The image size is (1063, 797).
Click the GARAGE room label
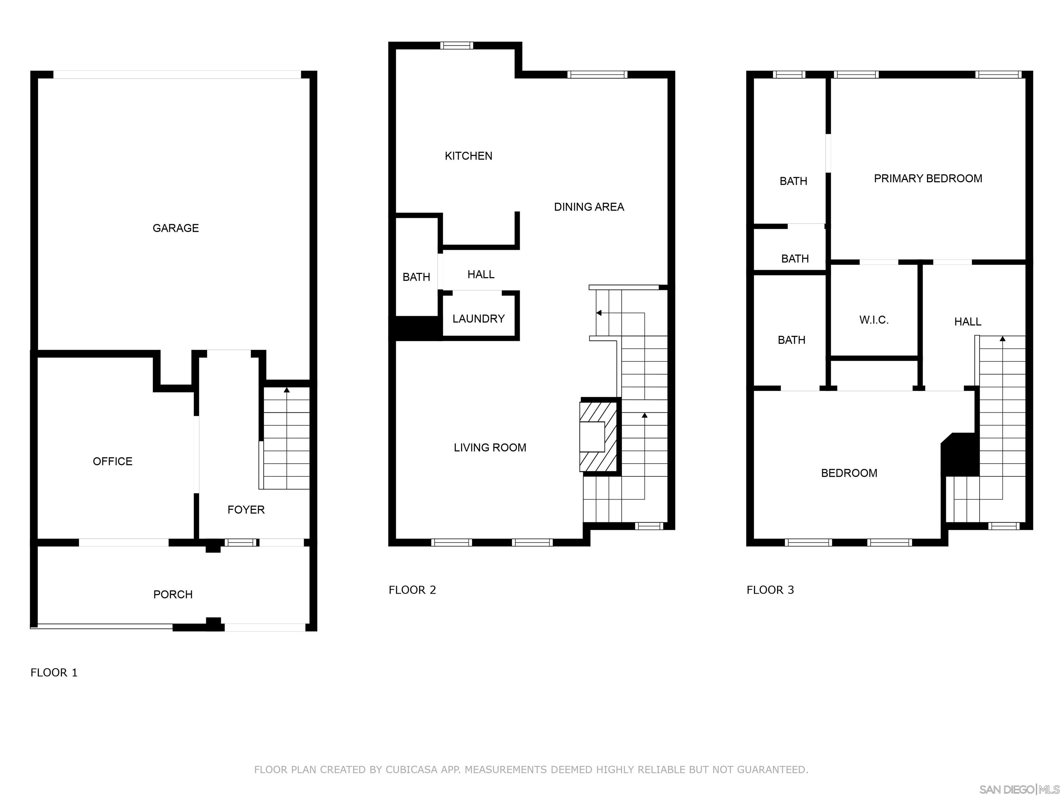[x=175, y=228]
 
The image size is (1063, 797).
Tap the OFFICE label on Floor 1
[x=112, y=461]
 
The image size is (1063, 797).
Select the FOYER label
[x=246, y=510]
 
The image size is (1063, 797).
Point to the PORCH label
[x=173, y=595]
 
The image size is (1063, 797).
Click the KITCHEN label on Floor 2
[x=469, y=156]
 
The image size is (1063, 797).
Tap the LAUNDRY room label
[x=478, y=319]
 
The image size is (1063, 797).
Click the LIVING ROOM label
[x=490, y=448]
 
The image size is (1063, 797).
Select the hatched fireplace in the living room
[x=598, y=436]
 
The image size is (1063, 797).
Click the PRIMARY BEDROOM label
[x=927, y=179]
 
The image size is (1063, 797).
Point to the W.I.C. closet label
[x=874, y=320]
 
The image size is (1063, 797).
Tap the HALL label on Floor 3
[x=967, y=322]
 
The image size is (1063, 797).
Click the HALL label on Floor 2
[x=481, y=275]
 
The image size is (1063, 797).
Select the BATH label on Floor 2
[x=416, y=277]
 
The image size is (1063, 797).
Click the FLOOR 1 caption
[x=54, y=672]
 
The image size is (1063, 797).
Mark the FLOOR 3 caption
[x=770, y=590]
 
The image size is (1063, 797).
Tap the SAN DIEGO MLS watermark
[x=1019, y=789]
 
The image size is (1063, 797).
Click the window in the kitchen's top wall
[x=456, y=46]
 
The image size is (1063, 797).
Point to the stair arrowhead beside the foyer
[x=287, y=390]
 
